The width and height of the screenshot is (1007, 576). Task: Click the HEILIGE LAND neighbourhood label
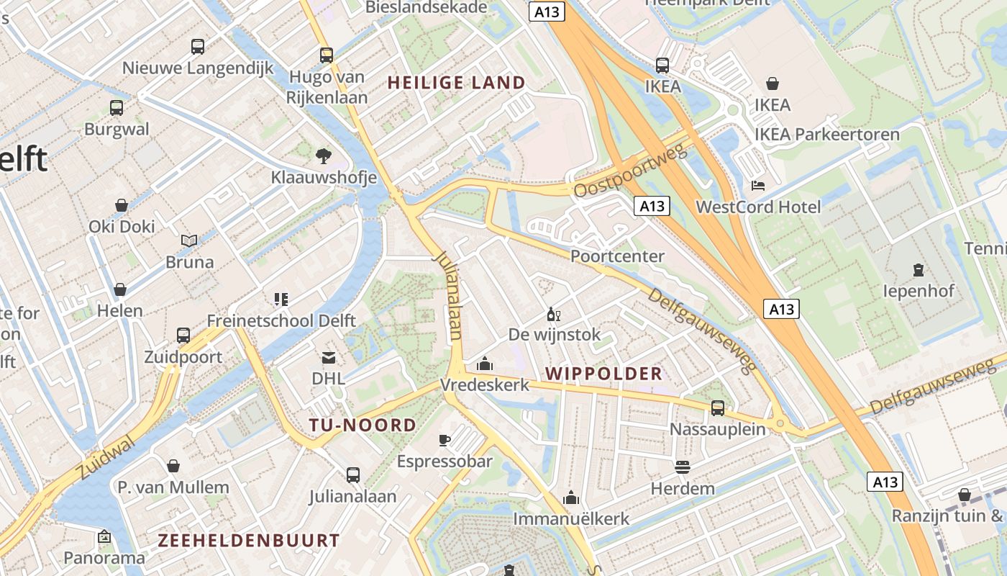(457, 83)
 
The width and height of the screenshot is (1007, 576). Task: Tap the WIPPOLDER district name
(604, 374)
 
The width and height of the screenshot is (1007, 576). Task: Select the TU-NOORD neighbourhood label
(363, 425)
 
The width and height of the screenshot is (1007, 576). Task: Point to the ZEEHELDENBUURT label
(249, 540)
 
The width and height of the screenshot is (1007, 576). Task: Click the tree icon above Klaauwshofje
(324, 155)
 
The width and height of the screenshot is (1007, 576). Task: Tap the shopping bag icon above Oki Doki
(122, 205)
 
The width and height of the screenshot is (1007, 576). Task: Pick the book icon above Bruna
(189, 240)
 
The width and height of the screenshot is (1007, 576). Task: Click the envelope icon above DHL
(328, 357)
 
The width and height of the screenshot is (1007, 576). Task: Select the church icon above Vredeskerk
(485, 364)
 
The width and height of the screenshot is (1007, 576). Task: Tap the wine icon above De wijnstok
(554, 314)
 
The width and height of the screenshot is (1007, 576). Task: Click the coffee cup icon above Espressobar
(445, 440)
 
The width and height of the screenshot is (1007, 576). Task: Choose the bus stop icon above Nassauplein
(717, 408)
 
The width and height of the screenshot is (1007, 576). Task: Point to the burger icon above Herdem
(682, 467)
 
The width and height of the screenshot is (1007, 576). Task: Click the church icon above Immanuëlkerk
(571, 498)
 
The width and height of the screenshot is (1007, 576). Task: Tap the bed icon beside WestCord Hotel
(757, 185)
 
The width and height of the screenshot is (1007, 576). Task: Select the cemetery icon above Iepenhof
(918, 270)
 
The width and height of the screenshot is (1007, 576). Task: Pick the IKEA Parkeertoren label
(827, 135)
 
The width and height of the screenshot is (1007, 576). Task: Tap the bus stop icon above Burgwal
(117, 108)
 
